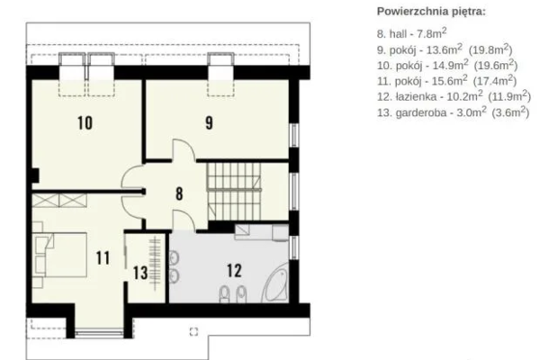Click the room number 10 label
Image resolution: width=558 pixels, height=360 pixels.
(85, 123)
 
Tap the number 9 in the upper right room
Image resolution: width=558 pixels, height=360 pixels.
(209, 123)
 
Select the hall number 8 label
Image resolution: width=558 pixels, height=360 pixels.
(179, 193)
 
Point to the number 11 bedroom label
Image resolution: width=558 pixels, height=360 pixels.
(103, 258)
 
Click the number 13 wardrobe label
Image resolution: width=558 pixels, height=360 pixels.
(140, 273)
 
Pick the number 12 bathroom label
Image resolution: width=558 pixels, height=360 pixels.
(234, 271)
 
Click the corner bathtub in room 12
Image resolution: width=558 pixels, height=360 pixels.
(275, 286)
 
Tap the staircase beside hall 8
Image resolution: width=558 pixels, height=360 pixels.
(234, 192)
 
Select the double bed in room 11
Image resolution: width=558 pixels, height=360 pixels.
(60, 255)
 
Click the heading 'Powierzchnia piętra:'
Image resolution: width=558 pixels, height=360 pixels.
(431, 12)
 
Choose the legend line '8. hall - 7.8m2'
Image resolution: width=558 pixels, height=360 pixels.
(411, 33)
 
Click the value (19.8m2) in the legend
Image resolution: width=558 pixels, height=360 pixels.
(490, 49)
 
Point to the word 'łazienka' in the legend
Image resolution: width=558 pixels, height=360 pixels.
(416, 97)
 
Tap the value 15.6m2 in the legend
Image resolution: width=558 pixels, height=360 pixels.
(450, 81)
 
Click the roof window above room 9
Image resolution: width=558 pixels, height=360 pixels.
(220, 74)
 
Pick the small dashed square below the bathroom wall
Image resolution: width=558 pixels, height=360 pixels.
(193, 331)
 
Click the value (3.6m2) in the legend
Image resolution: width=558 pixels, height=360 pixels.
(510, 112)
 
